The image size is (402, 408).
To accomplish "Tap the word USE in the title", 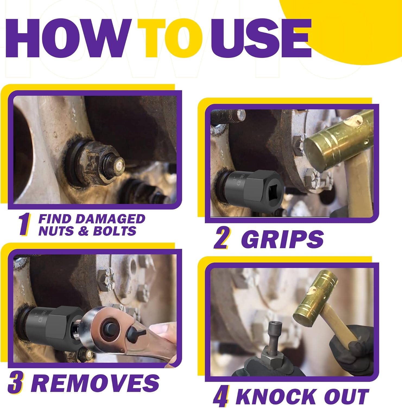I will pyautogui.click(x=261, y=38).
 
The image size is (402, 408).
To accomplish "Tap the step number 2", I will pyautogui.click(x=222, y=239).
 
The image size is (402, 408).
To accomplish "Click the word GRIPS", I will pyautogui.click(x=282, y=239).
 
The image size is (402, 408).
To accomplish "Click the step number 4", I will pyautogui.click(x=221, y=397).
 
